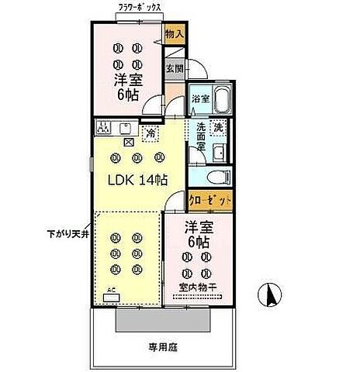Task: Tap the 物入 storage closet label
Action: click(x=175, y=35)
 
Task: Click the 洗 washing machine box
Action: click(x=220, y=127)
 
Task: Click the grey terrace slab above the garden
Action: click(x=151, y=320)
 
